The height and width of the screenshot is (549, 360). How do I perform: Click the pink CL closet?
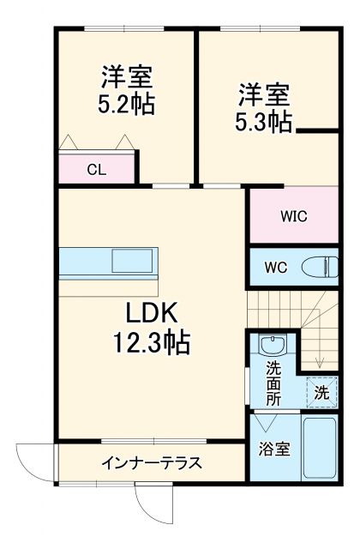pyautogui.click(x=97, y=169)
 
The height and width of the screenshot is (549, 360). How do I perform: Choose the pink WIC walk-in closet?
pyautogui.click(x=293, y=215)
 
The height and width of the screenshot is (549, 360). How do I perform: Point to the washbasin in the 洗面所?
pyautogui.click(x=273, y=347)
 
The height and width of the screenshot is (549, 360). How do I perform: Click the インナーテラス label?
pyautogui.click(x=151, y=464)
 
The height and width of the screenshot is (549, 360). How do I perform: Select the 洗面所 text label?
pyautogui.click(x=273, y=383)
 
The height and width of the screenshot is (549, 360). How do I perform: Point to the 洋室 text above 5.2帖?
pyautogui.click(x=127, y=77)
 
